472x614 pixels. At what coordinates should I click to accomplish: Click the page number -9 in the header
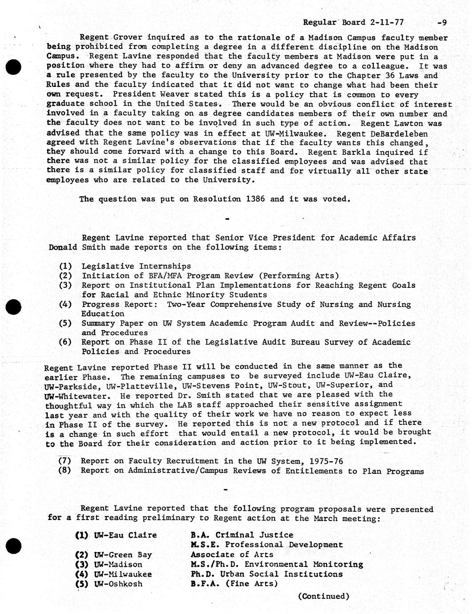[442, 22]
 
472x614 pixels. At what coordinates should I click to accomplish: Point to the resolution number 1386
[255, 199]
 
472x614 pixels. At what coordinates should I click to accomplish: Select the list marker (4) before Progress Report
[65, 304]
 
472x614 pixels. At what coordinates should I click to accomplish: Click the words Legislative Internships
[136, 266]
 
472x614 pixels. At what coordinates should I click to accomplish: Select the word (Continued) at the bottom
[323, 596]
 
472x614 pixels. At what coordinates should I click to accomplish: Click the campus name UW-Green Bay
[123, 555]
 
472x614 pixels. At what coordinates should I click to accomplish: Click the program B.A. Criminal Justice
[242, 535]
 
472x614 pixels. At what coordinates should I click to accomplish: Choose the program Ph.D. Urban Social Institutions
[266, 574]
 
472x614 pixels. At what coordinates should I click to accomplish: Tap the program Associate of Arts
[232, 554]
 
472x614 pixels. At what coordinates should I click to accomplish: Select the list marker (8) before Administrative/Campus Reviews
[65, 470]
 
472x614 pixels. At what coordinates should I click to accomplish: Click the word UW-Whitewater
[76, 396]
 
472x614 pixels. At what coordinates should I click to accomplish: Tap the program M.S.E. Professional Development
[266, 545]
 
